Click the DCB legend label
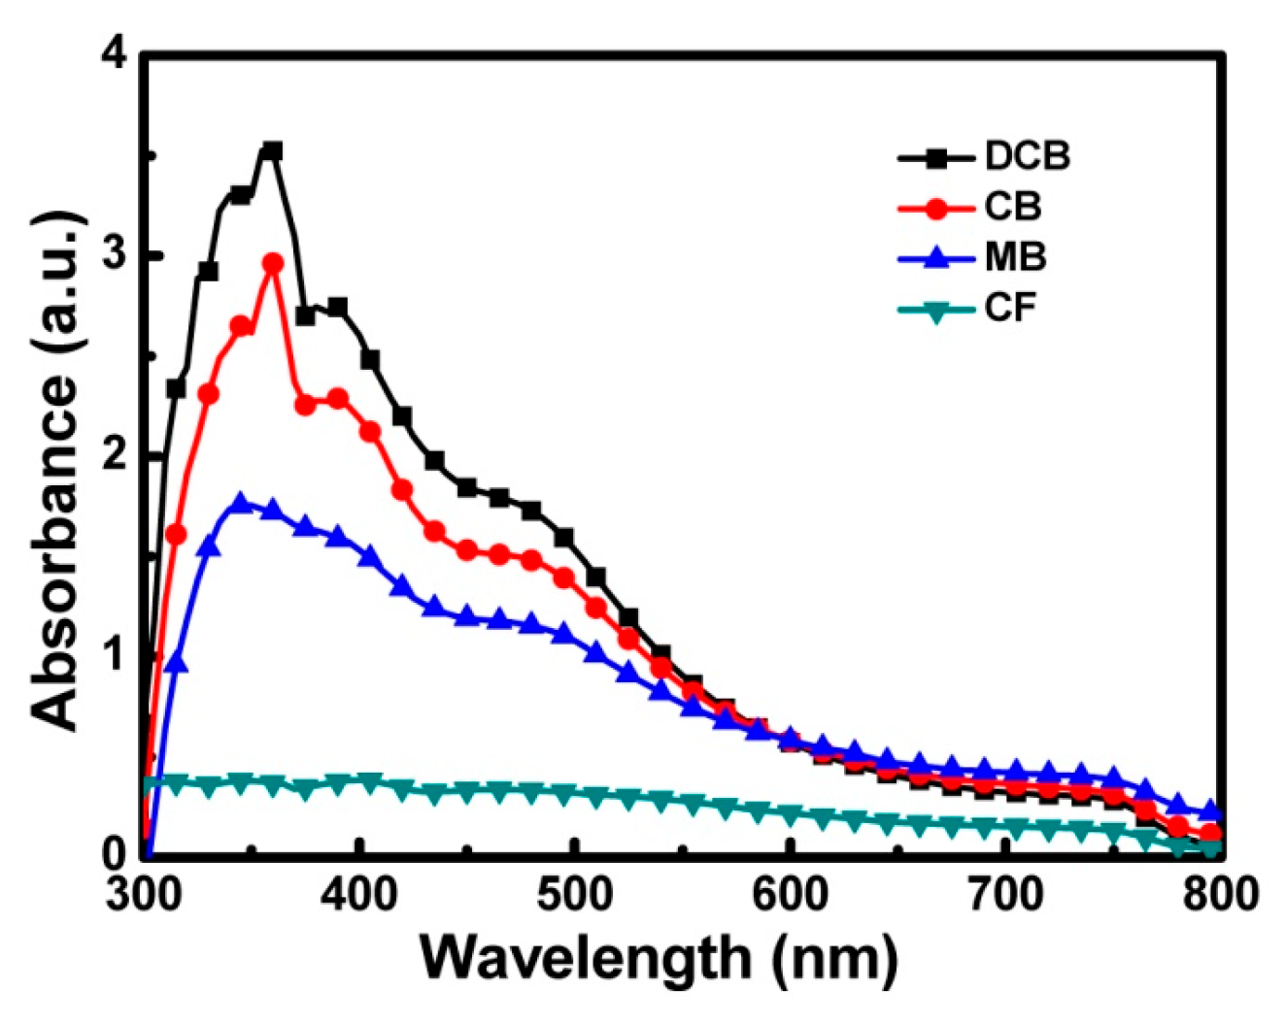pos(1027,156)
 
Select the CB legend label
pos(1012,207)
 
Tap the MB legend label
pos(1015,258)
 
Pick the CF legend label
pos(1010,310)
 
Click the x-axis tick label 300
pos(145,894)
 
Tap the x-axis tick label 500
pos(575,894)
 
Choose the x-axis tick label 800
pos(1216,894)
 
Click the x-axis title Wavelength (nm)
pos(660,959)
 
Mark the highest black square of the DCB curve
pos(273,151)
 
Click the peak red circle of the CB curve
pos(274,263)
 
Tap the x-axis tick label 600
pos(790,894)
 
